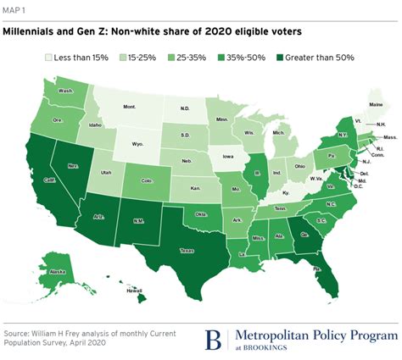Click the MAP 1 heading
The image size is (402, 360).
[x=15, y=10]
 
